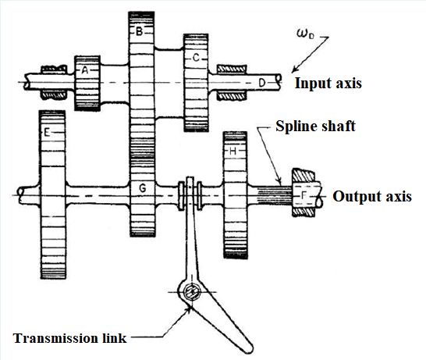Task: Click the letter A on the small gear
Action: tap(86, 70)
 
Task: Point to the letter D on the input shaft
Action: tap(262, 80)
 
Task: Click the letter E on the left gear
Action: tap(48, 134)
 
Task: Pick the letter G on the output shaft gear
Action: tap(142, 188)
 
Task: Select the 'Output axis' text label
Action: tap(371, 196)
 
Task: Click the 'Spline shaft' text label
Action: tap(317, 126)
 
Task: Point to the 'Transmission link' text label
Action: tap(71, 338)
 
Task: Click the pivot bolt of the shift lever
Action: tap(191, 292)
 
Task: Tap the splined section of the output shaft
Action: tap(272, 190)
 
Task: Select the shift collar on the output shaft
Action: tap(191, 192)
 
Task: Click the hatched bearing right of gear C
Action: tap(229, 81)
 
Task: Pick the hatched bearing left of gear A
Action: tap(55, 81)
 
